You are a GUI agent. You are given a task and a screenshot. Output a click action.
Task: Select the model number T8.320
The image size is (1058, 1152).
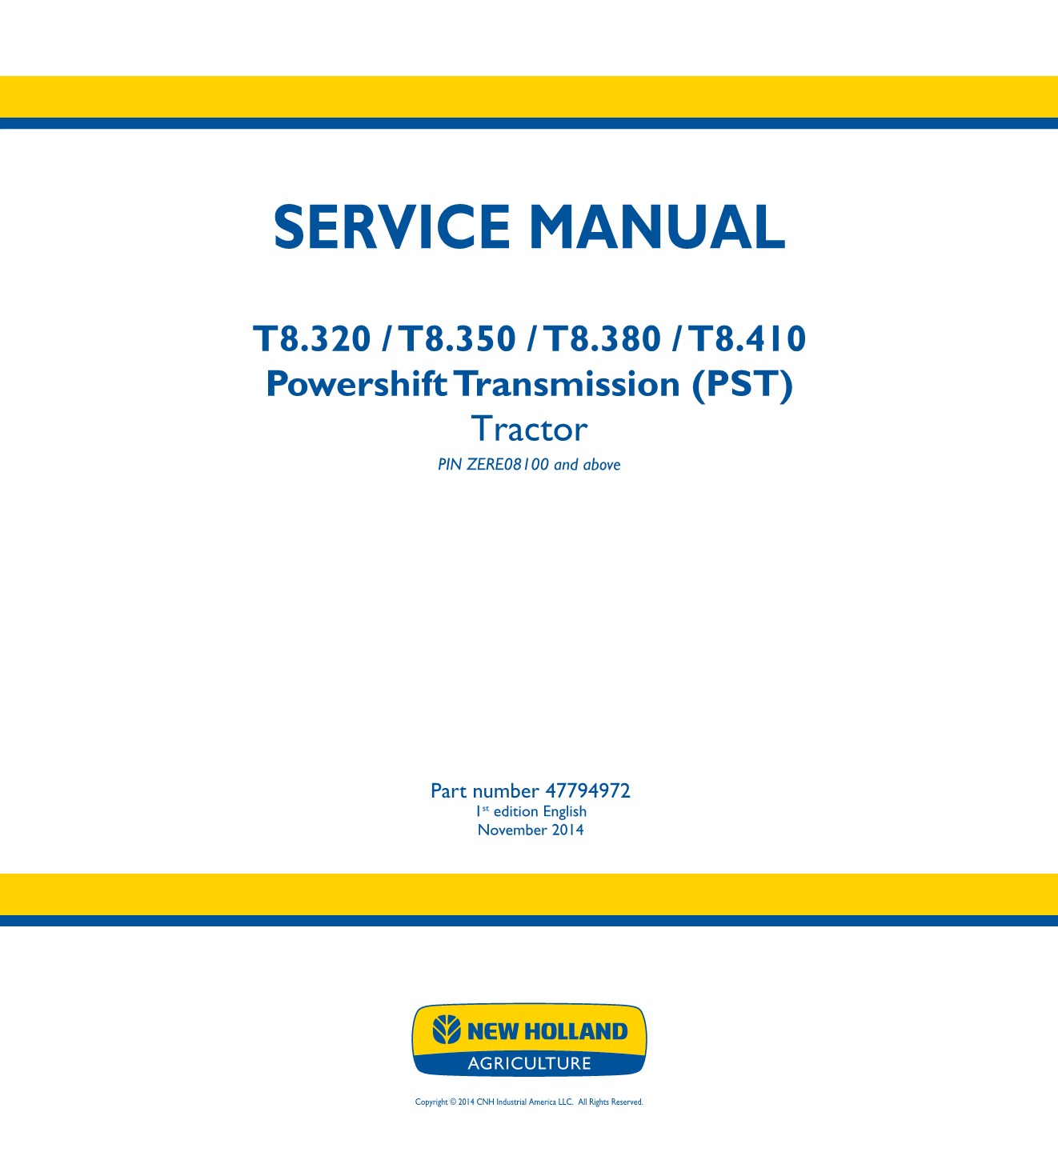click(312, 339)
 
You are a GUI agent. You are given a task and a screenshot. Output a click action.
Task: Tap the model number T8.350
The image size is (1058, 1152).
click(457, 339)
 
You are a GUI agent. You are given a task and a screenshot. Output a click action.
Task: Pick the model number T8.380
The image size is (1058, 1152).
click(602, 339)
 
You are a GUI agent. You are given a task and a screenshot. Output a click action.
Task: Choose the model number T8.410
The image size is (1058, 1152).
click(747, 339)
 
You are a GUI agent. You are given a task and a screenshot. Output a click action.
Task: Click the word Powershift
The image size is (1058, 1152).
click(357, 385)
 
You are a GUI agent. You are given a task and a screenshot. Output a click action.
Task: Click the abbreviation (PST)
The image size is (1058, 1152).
click(743, 385)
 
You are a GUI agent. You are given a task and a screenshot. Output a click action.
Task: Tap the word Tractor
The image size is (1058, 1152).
click(529, 429)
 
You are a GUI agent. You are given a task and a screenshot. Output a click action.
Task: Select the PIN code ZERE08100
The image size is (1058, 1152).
click(507, 464)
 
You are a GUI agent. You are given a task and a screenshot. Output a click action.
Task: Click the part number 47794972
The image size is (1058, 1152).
click(587, 790)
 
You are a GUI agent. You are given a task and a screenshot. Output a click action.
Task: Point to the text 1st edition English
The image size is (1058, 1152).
click(531, 811)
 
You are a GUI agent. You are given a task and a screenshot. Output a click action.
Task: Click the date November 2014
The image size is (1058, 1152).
click(531, 830)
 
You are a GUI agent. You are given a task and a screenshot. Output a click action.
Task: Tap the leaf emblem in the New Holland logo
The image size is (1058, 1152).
click(447, 1030)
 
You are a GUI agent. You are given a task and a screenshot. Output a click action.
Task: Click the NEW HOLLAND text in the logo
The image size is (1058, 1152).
click(547, 1031)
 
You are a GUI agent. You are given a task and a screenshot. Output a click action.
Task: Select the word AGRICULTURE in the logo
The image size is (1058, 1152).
click(529, 1063)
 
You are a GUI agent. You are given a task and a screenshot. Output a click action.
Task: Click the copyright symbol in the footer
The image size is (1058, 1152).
click(453, 1102)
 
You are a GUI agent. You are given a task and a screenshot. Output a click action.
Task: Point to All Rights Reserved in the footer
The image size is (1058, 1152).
click(611, 1102)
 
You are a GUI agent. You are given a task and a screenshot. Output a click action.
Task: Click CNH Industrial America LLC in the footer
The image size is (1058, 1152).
click(525, 1102)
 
